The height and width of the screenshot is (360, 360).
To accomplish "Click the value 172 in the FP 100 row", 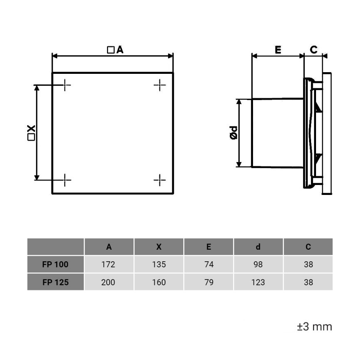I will click(109, 264).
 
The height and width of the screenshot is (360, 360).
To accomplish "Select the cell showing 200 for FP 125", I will click(109, 282).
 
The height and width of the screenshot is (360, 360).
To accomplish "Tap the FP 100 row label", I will click(55, 264).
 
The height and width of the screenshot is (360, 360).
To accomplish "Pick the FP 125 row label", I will click(55, 282).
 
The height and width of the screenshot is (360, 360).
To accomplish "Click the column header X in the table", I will click(158, 247).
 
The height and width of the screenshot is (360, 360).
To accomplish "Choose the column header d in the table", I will click(258, 247).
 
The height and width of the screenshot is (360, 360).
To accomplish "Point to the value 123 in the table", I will click(258, 282).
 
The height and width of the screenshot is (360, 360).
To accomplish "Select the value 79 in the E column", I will click(209, 282).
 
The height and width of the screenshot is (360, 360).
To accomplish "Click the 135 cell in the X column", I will click(158, 264).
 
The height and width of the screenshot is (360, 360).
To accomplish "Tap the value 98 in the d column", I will click(258, 264).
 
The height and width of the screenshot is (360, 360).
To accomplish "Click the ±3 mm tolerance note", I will click(314, 326).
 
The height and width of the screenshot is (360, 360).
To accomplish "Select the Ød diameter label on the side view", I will click(234, 133).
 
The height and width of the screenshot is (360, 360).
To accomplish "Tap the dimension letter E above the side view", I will click(278, 50).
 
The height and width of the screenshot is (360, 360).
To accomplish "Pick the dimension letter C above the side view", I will click(314, 50).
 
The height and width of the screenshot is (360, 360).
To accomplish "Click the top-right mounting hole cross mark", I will click(159, 85).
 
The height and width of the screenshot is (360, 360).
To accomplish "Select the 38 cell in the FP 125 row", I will click(308, 282).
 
